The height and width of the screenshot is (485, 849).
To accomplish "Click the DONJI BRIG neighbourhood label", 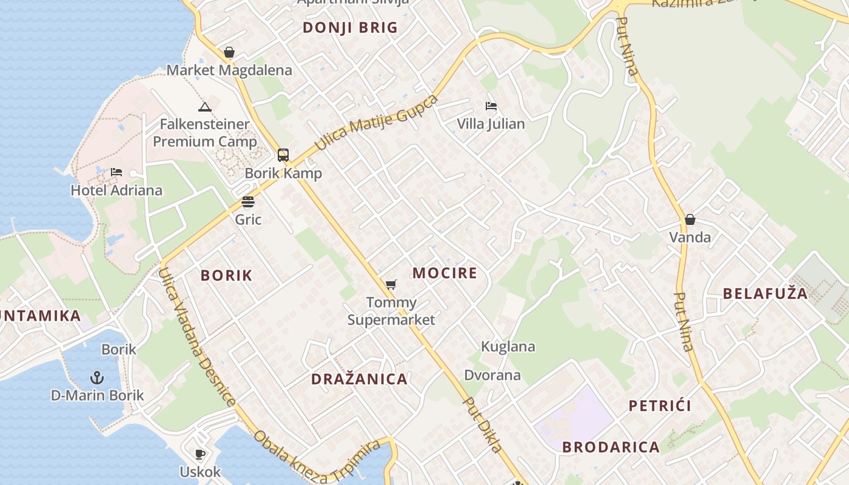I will coord(350,27).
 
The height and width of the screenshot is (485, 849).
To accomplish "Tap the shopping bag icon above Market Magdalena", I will coord(229,53).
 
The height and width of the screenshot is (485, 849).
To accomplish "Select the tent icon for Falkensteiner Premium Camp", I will coord(204,107).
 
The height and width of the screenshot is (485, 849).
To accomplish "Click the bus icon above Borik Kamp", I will coord(283,155).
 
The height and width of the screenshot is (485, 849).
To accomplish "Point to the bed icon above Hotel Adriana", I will coord(116,173).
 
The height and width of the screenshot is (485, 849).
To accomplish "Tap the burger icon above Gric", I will coord(248,201).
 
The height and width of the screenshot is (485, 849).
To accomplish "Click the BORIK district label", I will coord(226,275).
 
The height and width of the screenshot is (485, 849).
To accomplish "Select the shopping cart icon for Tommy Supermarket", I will coord(391,284).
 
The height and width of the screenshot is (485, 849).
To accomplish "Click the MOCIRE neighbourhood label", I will coord(445,273).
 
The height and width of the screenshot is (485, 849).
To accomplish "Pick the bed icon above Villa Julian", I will coord(491,106).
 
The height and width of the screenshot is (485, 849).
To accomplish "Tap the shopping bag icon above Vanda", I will coord(690,219).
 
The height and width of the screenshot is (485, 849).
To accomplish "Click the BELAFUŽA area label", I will coord(765,294).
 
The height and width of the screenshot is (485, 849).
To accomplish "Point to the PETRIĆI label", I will coord(660,406).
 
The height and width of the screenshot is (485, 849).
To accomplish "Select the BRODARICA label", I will coord(611,447).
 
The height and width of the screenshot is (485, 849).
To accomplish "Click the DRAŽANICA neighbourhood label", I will coord(359,380).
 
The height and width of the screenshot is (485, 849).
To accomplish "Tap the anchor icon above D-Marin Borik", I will coord(97,378).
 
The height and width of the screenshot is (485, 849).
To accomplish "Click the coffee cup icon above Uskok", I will coord(200,454).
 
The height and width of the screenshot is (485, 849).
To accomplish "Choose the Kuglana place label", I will coord(508,347).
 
